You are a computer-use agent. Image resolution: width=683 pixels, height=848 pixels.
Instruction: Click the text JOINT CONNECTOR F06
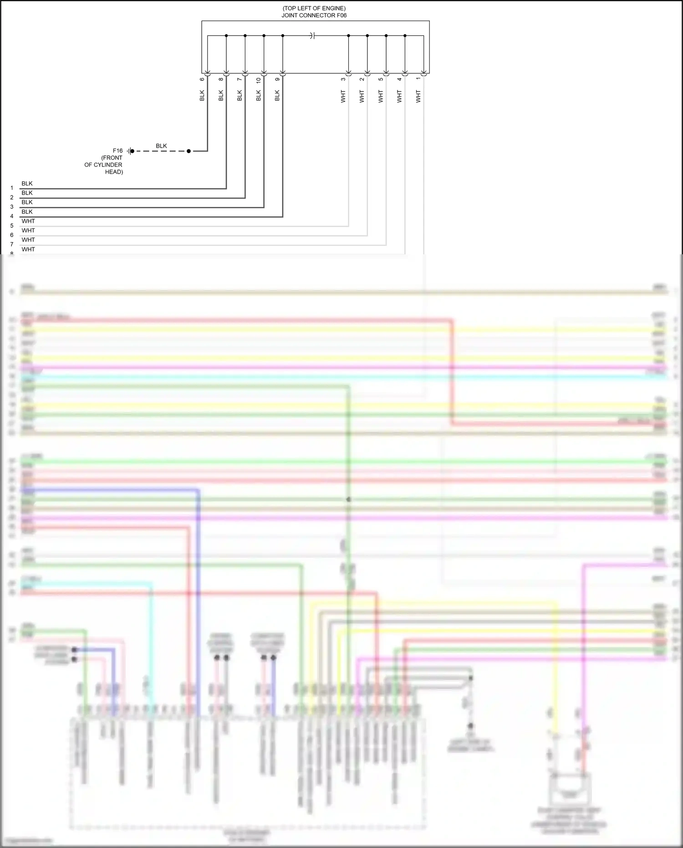pos(314,15)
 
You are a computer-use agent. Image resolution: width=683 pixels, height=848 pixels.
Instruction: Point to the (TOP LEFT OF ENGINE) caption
pos(314,8)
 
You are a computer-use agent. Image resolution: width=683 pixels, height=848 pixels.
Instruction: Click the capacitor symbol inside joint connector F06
pos(312,36)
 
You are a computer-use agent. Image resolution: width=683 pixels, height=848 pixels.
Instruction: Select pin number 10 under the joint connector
pos(259,80)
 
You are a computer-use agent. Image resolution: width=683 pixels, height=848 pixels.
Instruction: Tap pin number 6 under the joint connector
pos(202,79)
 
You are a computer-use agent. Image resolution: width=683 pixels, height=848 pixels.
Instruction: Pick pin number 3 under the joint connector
pos(343,79)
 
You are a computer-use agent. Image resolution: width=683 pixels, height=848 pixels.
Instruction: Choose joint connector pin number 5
pos(381,79)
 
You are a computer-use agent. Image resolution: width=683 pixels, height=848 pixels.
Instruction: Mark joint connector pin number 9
pos(277,79)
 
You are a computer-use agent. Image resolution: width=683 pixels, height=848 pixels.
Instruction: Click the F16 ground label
pos(117,151)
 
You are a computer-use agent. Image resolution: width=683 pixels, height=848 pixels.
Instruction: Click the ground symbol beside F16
pos(130,151)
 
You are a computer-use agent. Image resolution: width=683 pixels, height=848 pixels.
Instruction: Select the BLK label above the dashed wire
pos(161,146)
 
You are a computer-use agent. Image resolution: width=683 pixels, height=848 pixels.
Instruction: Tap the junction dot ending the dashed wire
pos(189,151)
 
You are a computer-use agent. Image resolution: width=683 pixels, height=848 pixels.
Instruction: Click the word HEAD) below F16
pos(114,172)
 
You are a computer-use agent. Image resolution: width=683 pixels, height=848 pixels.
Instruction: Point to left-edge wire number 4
pos(12,216)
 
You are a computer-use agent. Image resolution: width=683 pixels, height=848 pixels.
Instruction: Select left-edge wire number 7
pos(12,244)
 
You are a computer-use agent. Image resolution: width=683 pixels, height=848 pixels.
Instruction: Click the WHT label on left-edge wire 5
pos(28,221)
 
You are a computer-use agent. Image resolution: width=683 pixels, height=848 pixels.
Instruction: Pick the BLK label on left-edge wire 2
pos(27,193)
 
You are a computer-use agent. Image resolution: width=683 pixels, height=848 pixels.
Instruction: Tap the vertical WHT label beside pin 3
pos(343,96)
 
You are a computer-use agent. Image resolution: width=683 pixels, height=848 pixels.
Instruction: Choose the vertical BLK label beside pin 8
pos(221,95)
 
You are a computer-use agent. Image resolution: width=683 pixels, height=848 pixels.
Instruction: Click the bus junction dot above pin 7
pos(245,36)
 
